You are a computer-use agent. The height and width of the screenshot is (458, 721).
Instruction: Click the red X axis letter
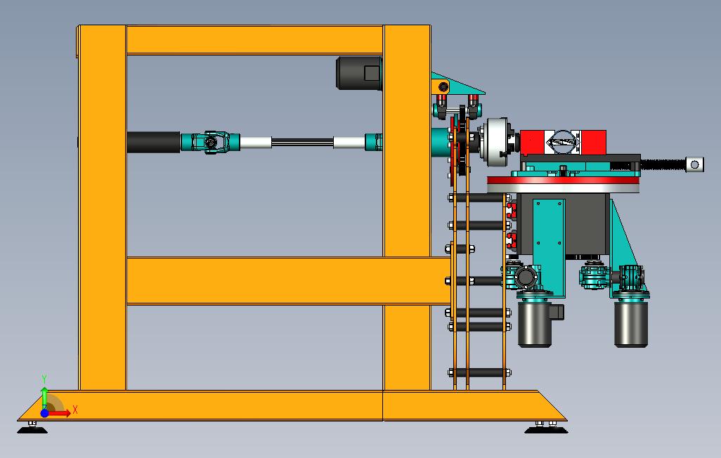(75, 410)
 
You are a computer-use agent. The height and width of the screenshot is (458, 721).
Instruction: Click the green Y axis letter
(44, 379)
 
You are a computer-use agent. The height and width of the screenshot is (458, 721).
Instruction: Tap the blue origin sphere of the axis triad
(44, 413)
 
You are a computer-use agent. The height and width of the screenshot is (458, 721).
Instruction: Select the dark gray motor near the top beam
(359, 73)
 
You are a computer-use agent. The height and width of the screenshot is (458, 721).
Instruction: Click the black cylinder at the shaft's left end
(154, 142)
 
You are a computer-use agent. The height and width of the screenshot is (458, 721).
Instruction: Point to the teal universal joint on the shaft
(211, 142)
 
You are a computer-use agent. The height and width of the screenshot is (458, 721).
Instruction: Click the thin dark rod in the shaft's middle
(303, 143)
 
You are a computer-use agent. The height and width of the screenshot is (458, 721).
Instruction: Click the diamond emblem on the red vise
(563, 142)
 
